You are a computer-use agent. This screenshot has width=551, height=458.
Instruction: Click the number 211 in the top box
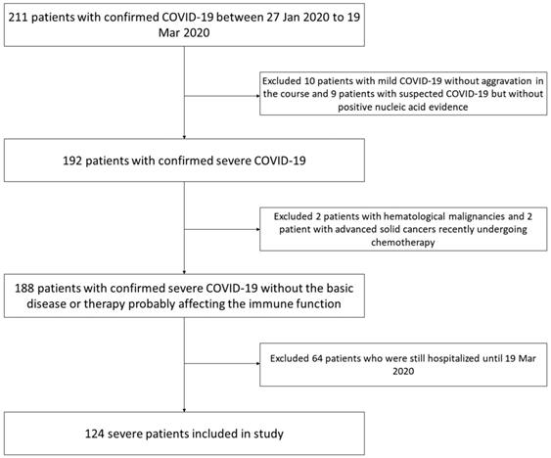coord(19,18)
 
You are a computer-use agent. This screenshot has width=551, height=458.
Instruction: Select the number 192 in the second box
coord(72,160)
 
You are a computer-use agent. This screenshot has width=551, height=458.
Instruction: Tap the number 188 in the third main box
coord(24,289)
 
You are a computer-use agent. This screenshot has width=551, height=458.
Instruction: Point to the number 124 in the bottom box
coord(95,434)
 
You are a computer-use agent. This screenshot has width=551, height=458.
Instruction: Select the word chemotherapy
coord(403,242)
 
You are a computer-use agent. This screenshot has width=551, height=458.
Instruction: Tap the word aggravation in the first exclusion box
coord(506,81)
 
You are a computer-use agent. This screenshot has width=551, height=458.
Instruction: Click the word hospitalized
coord(453,358)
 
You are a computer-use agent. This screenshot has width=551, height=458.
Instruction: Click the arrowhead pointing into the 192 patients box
coord(184,137)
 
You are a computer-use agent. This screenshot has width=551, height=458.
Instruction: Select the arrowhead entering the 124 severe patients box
coord(184,410)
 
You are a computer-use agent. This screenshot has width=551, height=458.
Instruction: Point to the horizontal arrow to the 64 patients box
coord(222,363)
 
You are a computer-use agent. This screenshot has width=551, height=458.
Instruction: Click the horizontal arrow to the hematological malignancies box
coord(222,229)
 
